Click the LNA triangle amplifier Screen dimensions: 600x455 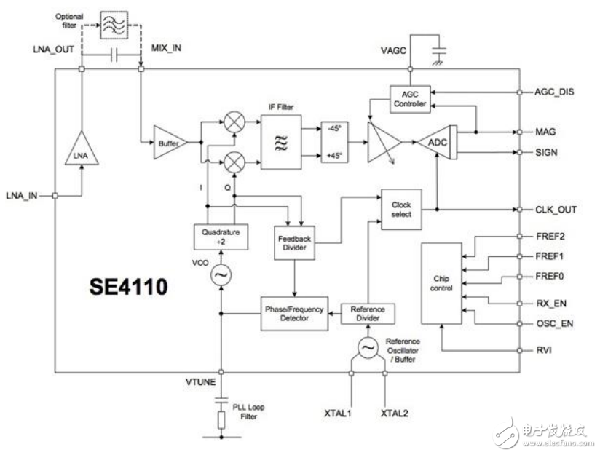(x=82, y=149)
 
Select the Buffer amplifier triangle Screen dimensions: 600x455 (x=170, y=142)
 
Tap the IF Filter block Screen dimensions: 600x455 (x=281, y=143)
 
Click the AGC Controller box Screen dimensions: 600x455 (x=410, y=99)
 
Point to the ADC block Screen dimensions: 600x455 (x=437, y=143)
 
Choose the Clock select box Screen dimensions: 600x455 (x=401, y=210)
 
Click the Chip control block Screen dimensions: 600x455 (x=441, y=284)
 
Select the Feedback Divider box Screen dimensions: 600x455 (x=294, y=243)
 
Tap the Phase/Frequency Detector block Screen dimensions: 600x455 (x=294, y=314)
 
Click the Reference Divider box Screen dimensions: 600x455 (x=368, y=314)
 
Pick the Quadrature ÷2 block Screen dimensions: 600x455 (x=221, y=237)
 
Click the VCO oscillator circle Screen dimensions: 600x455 (x=221, y=274)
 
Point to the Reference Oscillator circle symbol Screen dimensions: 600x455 (x=368, y=348)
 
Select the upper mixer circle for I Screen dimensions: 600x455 (x=234, y=122)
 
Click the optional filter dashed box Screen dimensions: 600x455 (x=114, y=25)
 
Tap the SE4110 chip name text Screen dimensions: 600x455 (x=129, y=286)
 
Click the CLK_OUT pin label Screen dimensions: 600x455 (x=556, y=210)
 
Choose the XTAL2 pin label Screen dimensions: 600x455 (x=394, y=414)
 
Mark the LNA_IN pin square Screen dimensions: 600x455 (x=55, y=196)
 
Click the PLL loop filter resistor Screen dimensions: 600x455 (x=221, y=420)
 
